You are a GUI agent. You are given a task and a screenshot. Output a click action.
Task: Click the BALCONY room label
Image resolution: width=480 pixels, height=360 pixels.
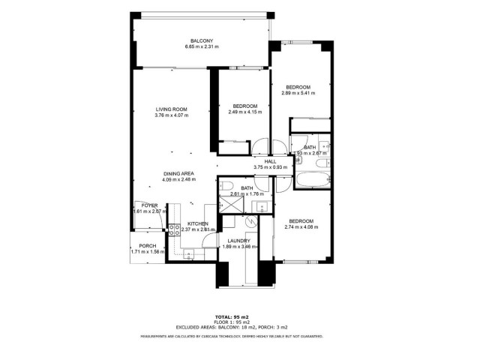tap(201, 40)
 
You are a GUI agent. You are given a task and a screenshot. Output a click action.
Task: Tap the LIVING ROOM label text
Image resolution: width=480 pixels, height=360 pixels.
tap(171, 109)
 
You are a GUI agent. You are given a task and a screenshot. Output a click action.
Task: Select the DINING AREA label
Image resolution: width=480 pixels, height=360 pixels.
tap(178, 173)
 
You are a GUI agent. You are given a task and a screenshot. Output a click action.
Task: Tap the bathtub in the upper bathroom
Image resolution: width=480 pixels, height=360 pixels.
tap(309, 180)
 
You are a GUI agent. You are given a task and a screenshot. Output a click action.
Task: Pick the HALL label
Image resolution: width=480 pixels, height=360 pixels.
tap(270, 161)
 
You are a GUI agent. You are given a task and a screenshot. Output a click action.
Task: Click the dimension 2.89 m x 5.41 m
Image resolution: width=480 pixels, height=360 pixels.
tap(298, 94)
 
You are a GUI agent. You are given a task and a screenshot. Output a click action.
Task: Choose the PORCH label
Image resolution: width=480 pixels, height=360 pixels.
tap(148, 246)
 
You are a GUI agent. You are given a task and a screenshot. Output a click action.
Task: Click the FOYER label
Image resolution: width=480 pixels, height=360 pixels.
tap(148, 205)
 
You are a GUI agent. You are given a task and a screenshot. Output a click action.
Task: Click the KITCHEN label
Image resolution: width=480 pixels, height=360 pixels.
tap(197, 223)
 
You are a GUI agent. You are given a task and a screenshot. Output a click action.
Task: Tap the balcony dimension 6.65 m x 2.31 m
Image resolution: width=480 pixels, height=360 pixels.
tap(201, 47)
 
